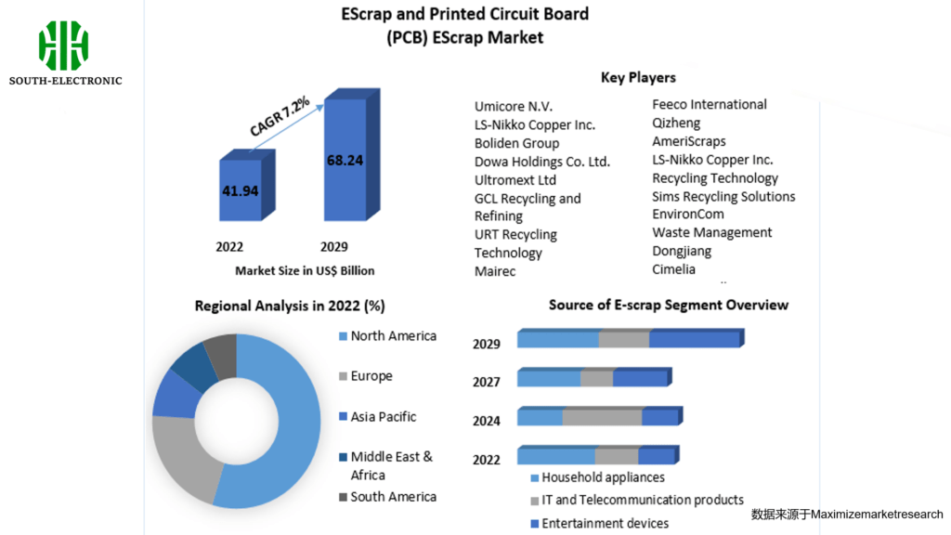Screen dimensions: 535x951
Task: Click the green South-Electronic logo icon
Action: (x=63, y=46)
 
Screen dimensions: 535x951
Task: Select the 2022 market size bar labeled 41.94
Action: (x=240, y=189)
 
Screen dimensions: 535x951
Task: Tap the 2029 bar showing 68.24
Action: (x=345, y=160)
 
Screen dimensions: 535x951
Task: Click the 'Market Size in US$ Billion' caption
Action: (x=305, y=270)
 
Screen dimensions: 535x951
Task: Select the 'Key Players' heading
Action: (x=638, y=77)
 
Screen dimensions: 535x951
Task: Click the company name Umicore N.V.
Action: (x=514, y=107)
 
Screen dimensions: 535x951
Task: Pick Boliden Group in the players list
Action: (x=516, y=143)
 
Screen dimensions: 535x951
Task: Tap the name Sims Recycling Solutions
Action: (x=723, y=196)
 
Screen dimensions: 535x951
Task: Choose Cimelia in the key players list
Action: (x=673, y=269)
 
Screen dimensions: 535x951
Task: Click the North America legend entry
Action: (x=393, y=335)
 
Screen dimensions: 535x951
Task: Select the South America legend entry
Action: (x=393, y=497)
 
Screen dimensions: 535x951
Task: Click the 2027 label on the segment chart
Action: (x=487, y=381)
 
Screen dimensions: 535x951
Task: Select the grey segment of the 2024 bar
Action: (x=602, y=417)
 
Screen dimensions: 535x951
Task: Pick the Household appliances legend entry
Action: (x=603, y=477)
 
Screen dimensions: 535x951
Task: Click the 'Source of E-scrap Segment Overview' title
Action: (x=668, y=305)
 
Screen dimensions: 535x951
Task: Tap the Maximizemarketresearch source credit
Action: (x=846, y=514)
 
